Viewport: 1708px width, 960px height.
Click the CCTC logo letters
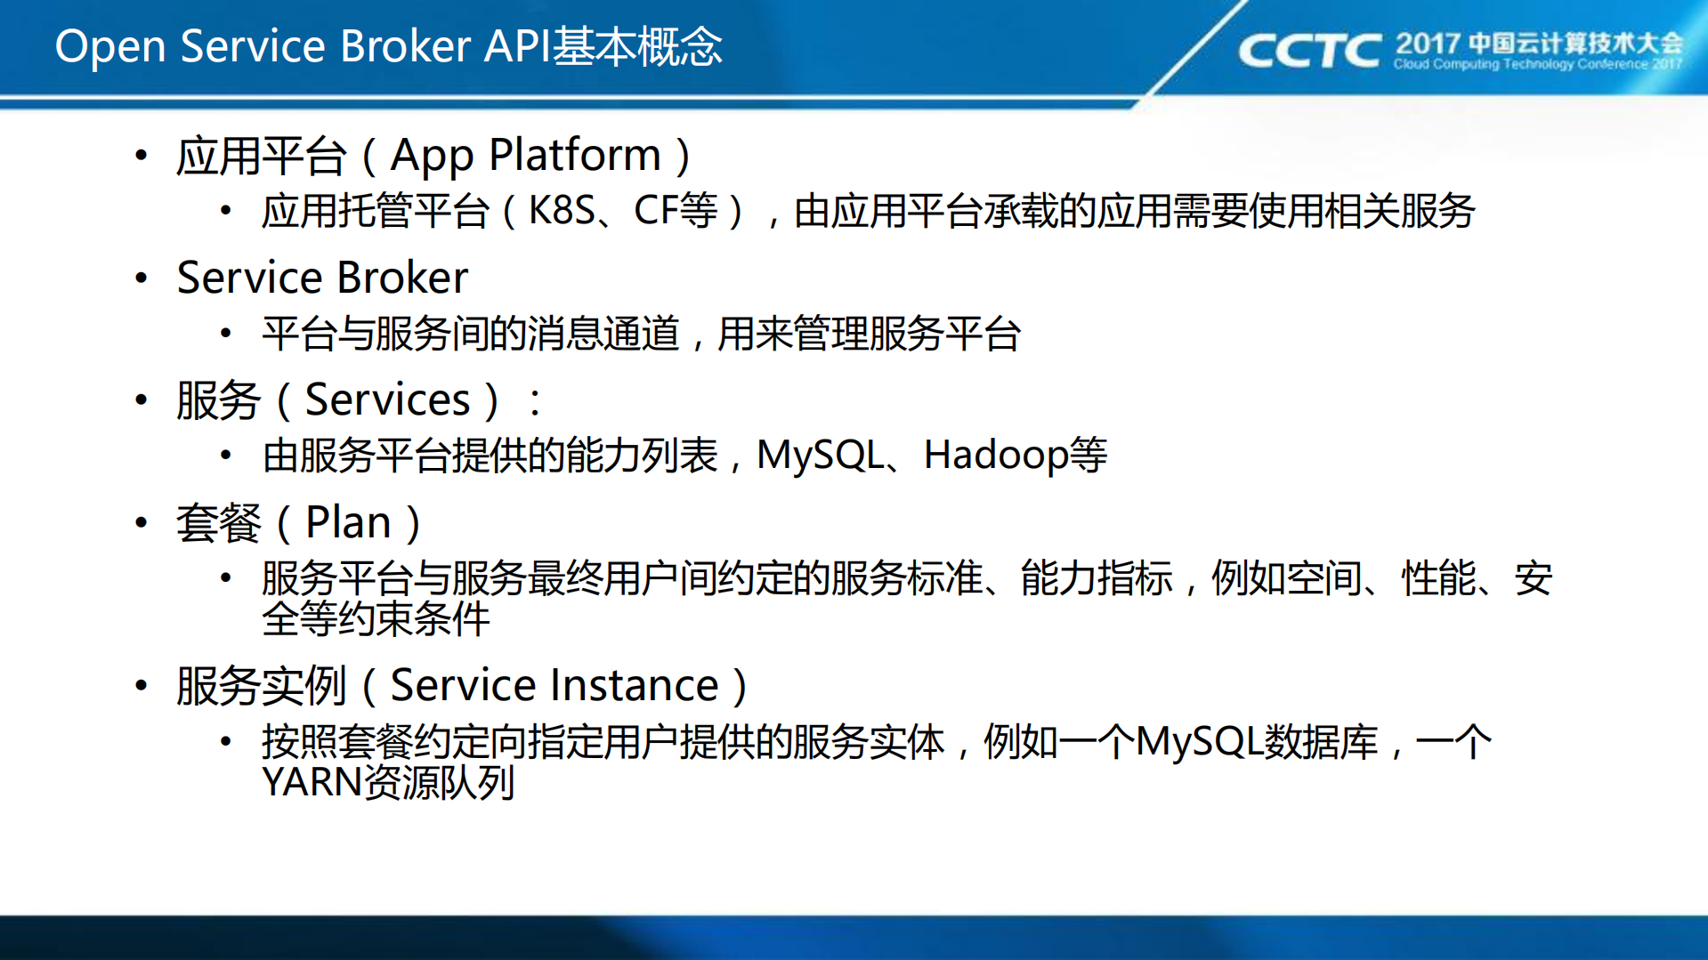point(1308,51)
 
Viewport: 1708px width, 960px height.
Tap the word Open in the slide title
point(110,46)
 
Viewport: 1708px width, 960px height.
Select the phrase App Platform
point(525,156)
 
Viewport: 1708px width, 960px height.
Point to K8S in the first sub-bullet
point(562,211)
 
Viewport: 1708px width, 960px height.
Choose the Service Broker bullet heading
point(322,278)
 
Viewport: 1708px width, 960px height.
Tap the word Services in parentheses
point(387,399)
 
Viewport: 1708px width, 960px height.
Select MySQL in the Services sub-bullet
point(820,456)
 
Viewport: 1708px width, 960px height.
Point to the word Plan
point(348,522)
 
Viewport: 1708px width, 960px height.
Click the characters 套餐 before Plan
point(219,522)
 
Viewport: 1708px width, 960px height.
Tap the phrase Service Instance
point(554,686)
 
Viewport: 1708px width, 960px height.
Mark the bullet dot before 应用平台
point(142,157)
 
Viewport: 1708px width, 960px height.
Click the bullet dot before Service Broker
point(142,278)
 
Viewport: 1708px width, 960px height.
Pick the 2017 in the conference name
point(1427,42)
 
